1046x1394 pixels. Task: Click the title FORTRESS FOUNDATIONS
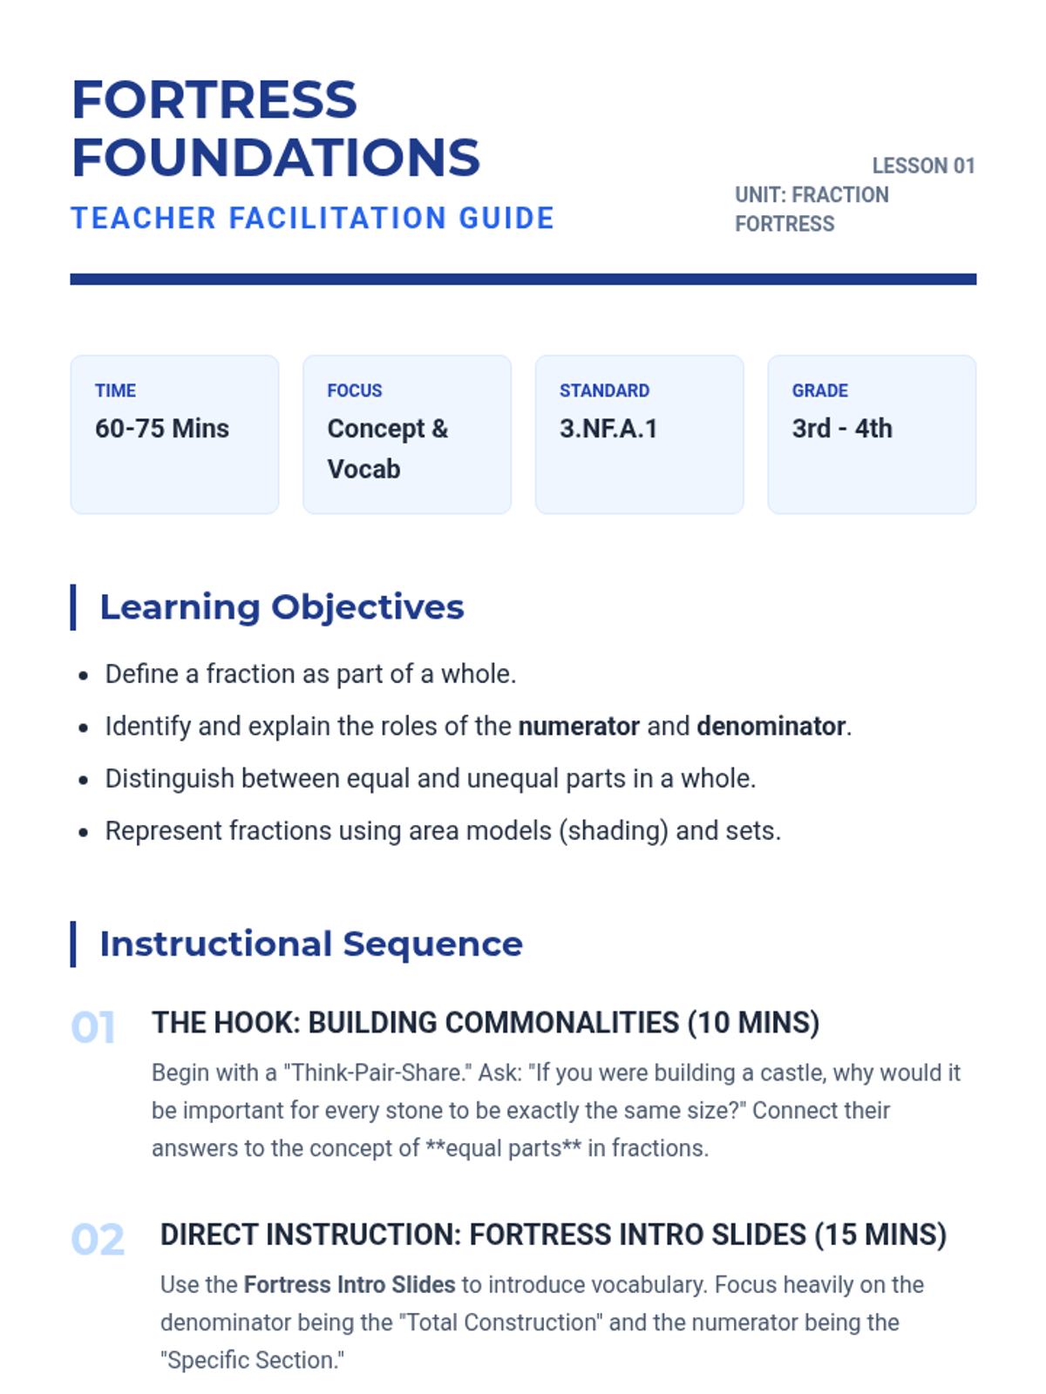pyautogui.click(x=275, y=128)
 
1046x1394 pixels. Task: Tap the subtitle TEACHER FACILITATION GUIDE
pyautogui.click(x=312, y=218)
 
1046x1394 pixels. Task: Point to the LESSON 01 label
pyautogui.click(x=923, y=166)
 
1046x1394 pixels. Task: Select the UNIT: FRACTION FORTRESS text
pyautogui.click(x=812, y=209)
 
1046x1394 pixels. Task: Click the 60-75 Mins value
pyautogui.click(x=162, y=429)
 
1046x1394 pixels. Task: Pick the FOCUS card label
pyautogui.click(x=355, y=390)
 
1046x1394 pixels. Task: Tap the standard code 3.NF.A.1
pyautogui.click(x=608, y=429)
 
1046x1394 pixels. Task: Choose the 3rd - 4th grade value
pyautogui.click(x=842, y=429)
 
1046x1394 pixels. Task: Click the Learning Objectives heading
pyautogui.click(x=282, y=607)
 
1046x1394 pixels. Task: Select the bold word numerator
pyautogui.click(x=579, y=727)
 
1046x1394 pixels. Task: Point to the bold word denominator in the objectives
pyautogui.click(x=771, y=727)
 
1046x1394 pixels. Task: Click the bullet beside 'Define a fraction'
pyautogui.click(x=83, y=675)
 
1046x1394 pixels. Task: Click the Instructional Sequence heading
pyautogui.click(x=311, y=944)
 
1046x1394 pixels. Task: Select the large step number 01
pyautogui.click(x=93, y=1028)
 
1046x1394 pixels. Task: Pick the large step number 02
pyautogui.click(x=98, y=1240)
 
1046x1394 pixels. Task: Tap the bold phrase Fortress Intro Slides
pyautogui.click(x=350, y=1285)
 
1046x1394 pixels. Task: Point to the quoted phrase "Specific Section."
pyautogui.click(x=252, y=1361)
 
